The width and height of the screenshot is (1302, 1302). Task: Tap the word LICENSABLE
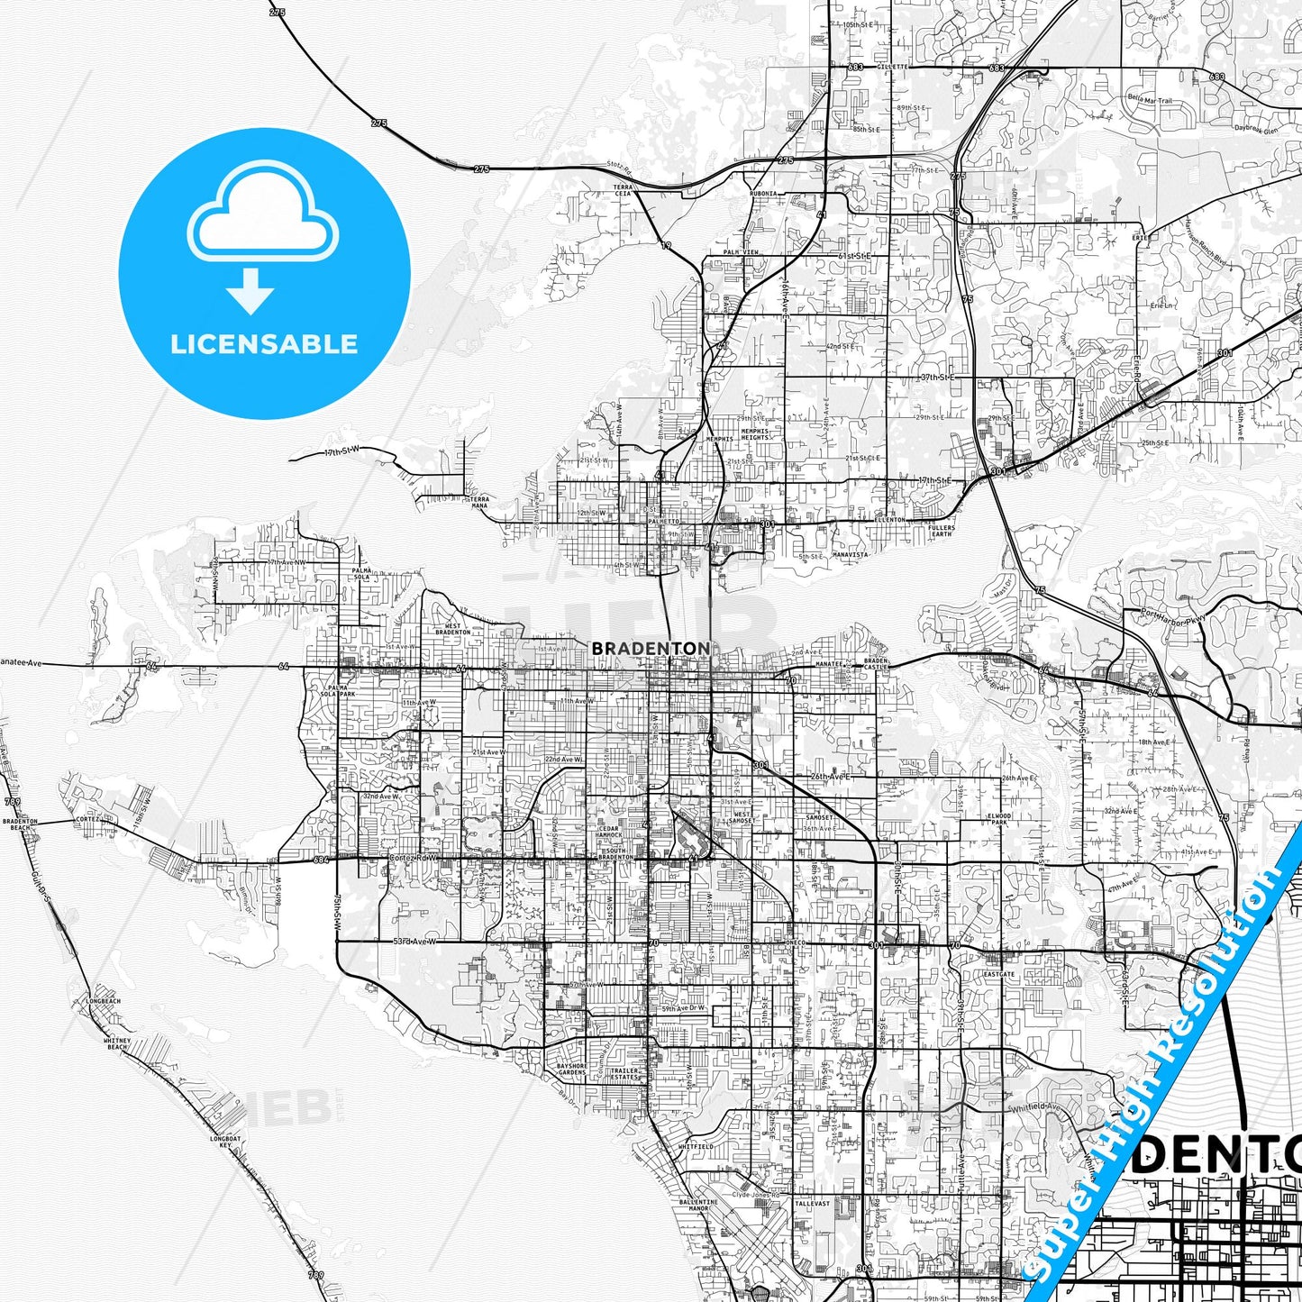(x=264, y=344)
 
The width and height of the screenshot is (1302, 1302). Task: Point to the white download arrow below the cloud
(x=250, y=291)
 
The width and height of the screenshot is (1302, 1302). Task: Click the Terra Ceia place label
(x=623, y=190)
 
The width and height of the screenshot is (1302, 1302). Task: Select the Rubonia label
(x=762, y=194)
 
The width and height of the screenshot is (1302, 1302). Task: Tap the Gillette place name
(x=895, y=67)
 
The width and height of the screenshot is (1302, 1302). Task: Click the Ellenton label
(x=889, y=520)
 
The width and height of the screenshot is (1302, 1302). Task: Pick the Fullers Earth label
(x=941, y=531)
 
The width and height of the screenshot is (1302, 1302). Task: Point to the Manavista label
(x=849, y=555)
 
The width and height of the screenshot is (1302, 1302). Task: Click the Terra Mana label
(x=479, y=502)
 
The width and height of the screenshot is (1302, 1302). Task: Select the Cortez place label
(x=87, y=819)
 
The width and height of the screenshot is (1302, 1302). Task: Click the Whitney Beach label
(x=117, y=1043)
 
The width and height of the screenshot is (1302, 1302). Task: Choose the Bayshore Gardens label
(x=571, y=1070)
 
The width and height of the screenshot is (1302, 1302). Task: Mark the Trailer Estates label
(x=624, y=1074)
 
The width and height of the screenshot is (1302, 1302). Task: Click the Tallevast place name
(x=812, y=1203)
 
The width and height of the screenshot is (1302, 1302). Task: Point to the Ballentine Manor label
(x=698, y=1205)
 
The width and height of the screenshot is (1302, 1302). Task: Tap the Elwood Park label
(x=999, y=819)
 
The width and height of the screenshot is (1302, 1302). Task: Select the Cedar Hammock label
(x=608, y=831)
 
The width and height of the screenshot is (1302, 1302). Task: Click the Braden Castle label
(x=876, y=664)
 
